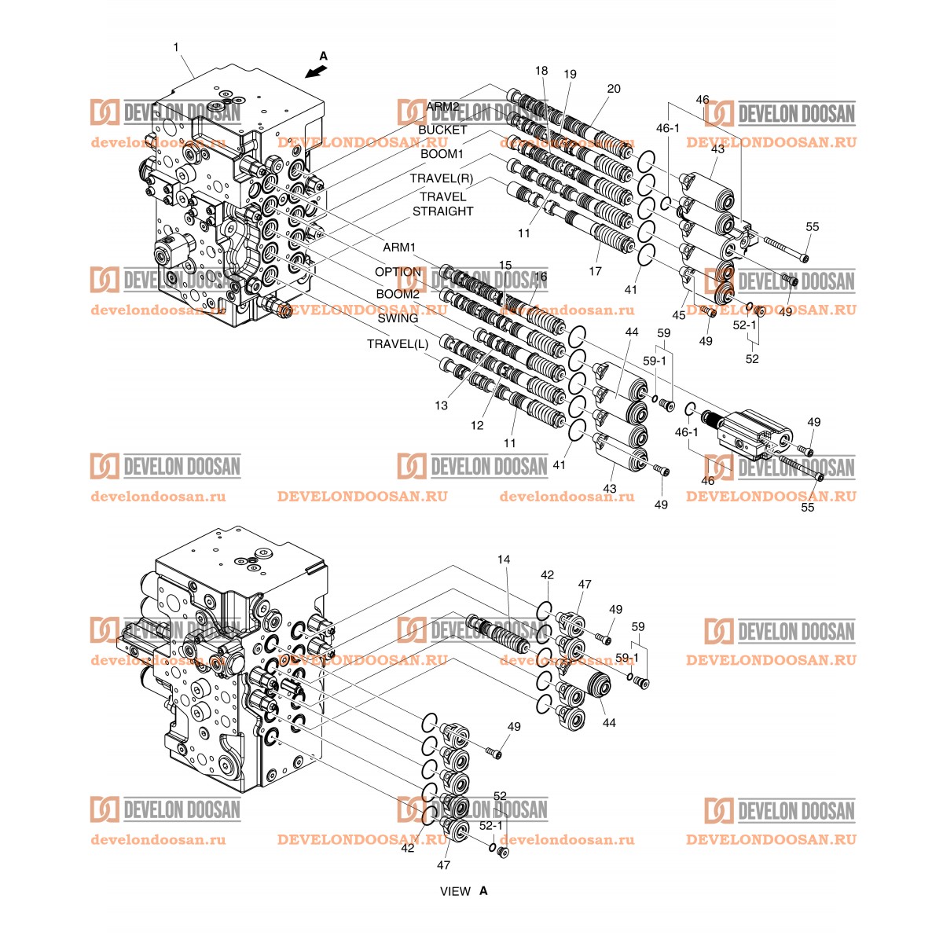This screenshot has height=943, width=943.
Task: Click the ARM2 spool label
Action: [442, 107]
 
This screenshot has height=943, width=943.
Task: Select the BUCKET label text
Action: [442, 130]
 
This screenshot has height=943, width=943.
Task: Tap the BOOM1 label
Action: [442, 154]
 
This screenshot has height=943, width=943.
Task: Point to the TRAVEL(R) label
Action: [442, 178]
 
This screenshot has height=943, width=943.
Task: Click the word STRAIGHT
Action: [443, 211]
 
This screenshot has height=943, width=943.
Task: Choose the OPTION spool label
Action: [398, 272]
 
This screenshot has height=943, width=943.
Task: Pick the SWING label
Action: [398, 318]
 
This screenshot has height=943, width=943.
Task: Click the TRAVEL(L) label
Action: [398, 344]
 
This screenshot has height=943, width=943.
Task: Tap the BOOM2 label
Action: [398, 294]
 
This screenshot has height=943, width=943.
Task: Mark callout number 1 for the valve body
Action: [176, 47]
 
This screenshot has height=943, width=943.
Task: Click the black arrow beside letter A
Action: [316, 72]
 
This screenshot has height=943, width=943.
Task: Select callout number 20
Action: [614, 89]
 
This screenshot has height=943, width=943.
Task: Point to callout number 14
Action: [504, 559]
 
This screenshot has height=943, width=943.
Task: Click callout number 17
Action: [595, 271]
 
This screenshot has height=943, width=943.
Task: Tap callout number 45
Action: [679, 315]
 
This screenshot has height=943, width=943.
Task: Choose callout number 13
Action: [441, 405]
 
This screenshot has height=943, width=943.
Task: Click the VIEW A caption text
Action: [464, 891]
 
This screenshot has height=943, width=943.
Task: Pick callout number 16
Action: [540, 277]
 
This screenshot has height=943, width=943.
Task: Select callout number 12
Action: [477, 425]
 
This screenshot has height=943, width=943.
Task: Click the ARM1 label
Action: [399, 247]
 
